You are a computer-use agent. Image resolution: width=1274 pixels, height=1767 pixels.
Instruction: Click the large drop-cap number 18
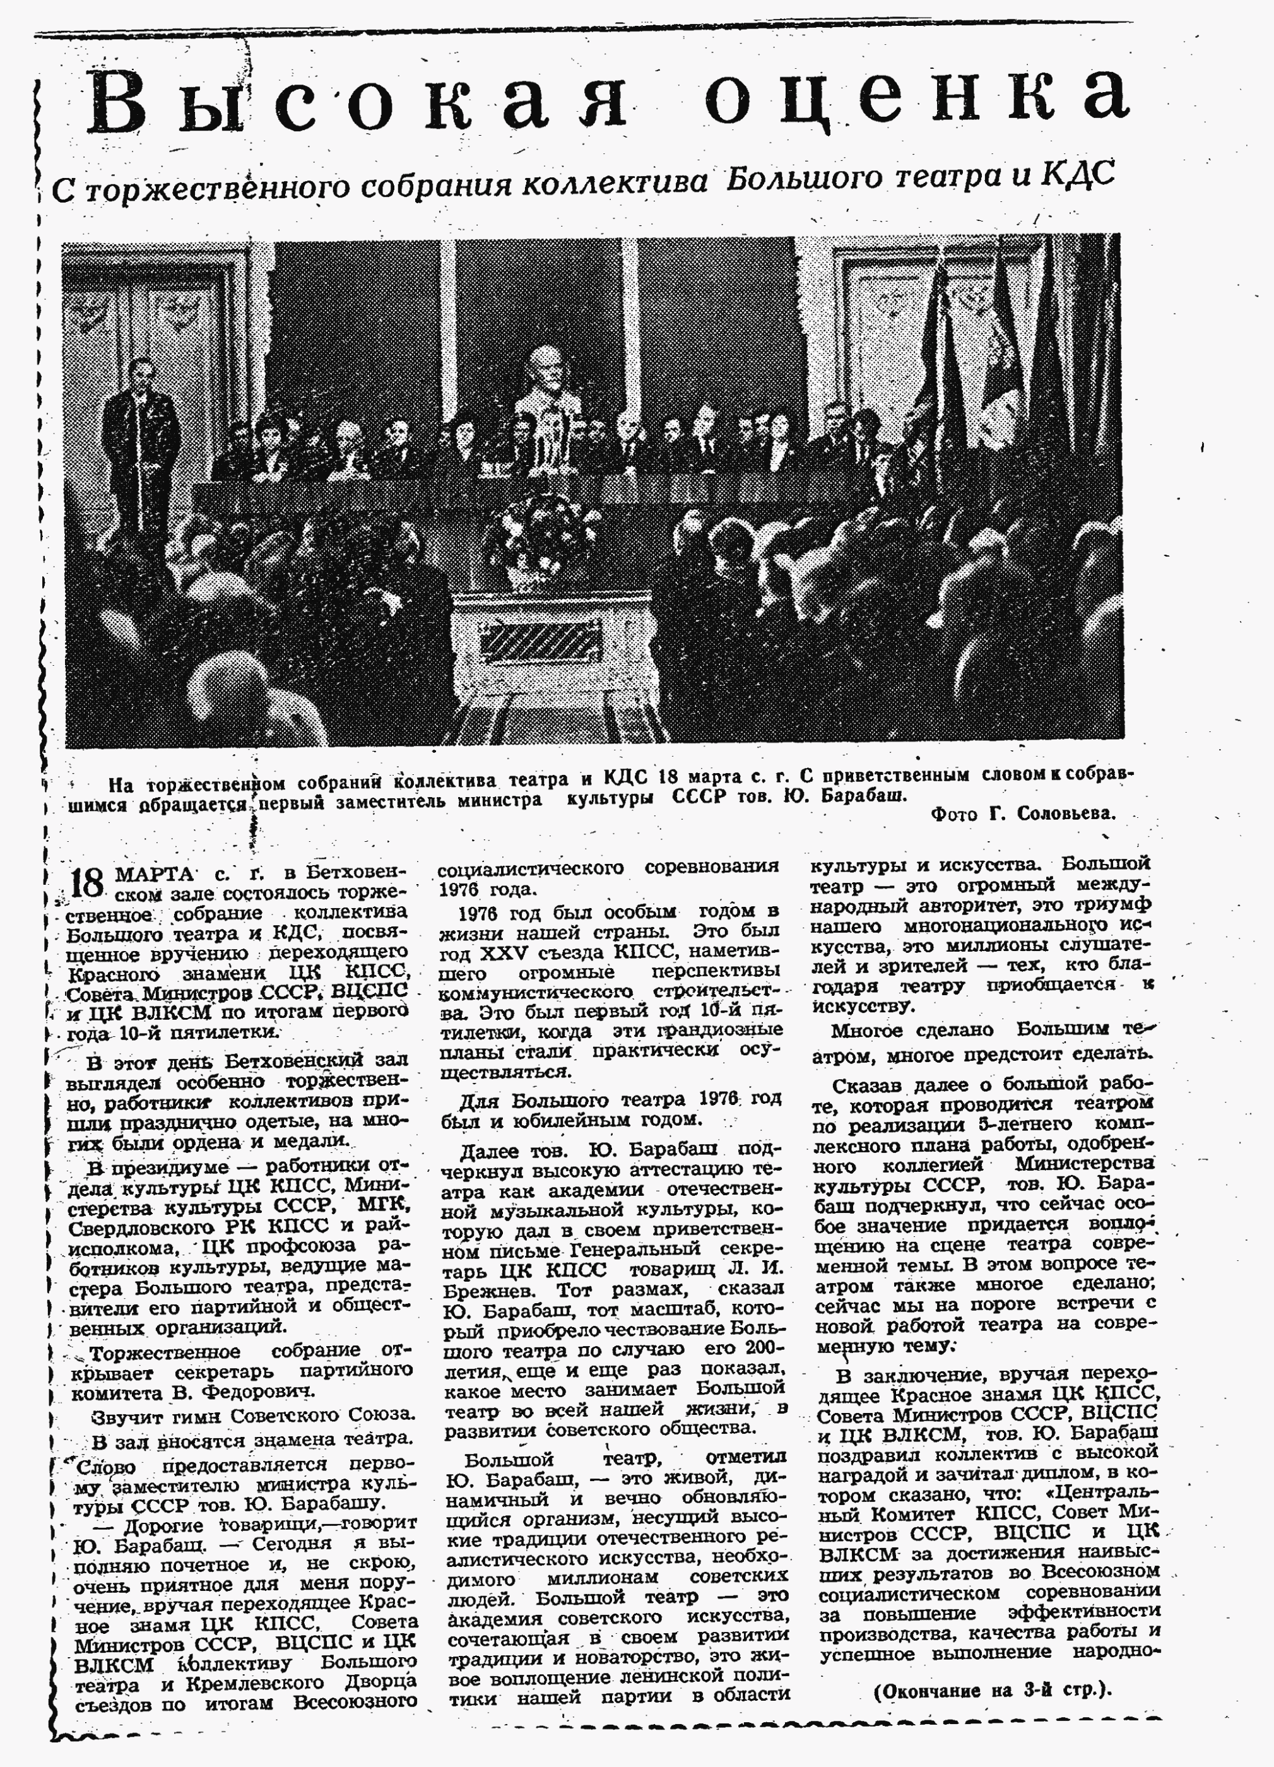[86, 882]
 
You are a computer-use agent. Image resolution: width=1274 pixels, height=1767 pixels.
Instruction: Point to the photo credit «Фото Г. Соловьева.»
[1023, 813]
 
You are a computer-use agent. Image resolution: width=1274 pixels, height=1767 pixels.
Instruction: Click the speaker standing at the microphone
[141, 440]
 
